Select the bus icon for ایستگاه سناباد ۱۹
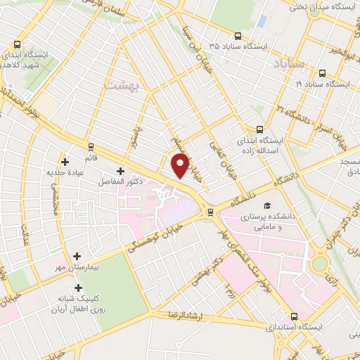pos(322,72)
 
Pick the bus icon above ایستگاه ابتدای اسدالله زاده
pos(259,129)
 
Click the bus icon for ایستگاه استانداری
pos(293,316)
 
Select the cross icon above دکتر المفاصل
pos(120,171)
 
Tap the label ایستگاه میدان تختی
pos(323,6)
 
